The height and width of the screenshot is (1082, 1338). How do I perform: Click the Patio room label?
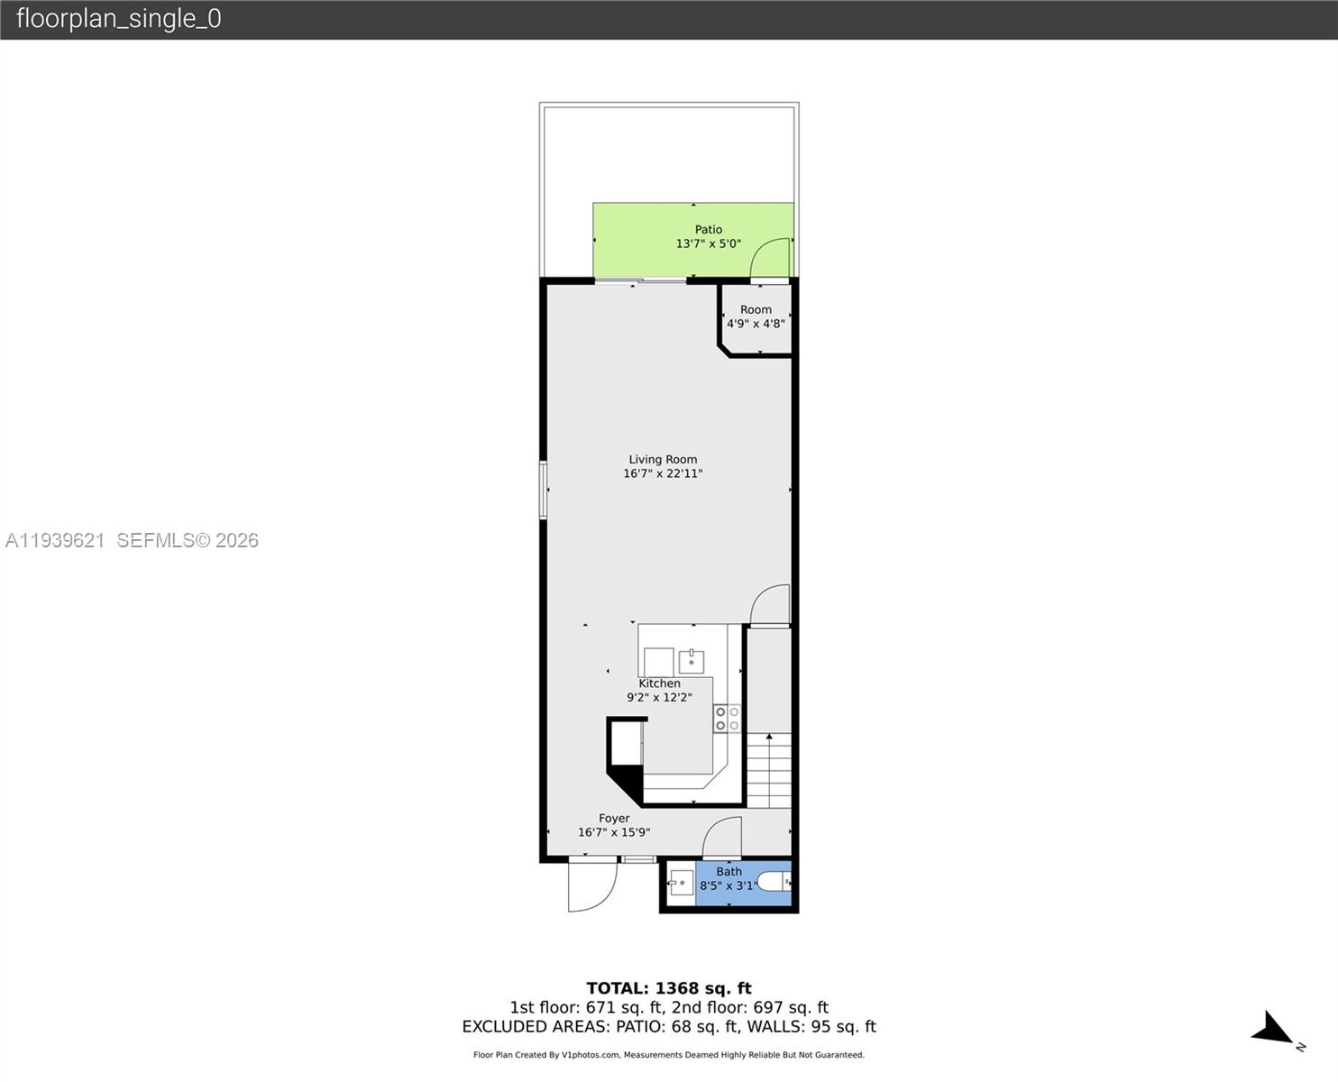[x=708, y=230]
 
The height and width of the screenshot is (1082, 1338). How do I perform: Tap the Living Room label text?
[x=663, y=460]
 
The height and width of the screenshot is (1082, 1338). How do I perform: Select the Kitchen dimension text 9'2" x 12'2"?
[x=659, y=697]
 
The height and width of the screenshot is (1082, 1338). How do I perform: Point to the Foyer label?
[x=614, y=819]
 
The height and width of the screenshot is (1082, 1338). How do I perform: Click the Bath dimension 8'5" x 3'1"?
[x=729, y=885]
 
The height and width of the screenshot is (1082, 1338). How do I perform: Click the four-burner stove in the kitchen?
[x=727, y=719]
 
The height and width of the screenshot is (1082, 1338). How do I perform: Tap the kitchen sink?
[x=692, y=661]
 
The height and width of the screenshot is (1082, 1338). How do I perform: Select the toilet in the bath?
[x=773, y=881]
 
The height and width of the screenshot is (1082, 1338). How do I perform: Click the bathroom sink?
[x=681, y=882]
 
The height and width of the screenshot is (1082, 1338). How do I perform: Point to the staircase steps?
[x=768, y=771]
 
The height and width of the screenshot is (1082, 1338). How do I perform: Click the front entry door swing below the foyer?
[x=591, y=885]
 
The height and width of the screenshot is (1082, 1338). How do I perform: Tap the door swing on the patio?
[x=771, y=258]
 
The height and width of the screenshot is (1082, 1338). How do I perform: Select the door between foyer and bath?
[x=722, y=838]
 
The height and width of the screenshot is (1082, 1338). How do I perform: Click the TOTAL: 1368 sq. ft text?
[x=668, y=988]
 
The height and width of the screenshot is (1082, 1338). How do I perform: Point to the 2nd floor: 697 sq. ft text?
[x=750, y=1007]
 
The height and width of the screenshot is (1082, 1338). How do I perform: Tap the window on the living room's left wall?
[x=543, y=490]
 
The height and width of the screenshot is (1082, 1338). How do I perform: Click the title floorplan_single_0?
[x=118, y=19]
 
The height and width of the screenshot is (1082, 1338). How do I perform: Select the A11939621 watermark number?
[x=55, y=540]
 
